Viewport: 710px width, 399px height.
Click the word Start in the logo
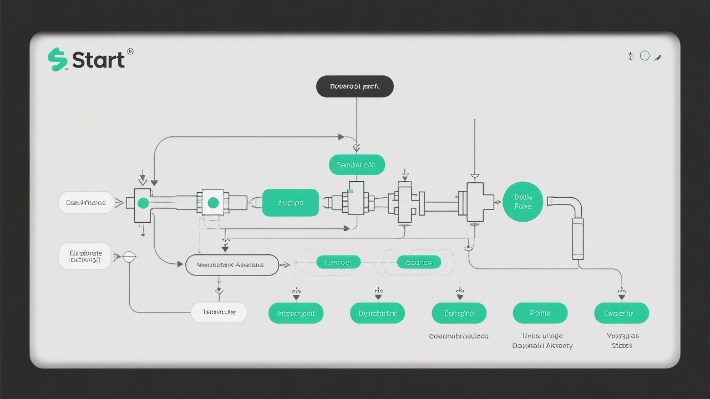(98, 60)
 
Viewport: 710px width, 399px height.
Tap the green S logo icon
(57, 59)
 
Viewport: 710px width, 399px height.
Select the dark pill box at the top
(354, 87)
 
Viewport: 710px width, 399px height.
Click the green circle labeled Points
(523, 202)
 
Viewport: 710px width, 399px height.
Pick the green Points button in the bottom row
(540, 313)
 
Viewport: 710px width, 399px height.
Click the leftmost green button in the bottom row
(296, 313)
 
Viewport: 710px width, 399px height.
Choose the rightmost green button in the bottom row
(621, 313)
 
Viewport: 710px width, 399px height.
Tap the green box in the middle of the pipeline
(290, 203)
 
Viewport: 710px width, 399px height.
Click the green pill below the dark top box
(357, 165)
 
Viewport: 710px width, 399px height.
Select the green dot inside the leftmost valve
(143, 203)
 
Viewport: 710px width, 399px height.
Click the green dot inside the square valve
(213, 203)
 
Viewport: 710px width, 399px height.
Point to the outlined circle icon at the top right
(645, 55)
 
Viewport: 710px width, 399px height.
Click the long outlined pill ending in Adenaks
(232, 265)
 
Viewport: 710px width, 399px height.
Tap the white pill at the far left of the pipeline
(86, 203)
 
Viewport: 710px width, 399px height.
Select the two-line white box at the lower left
(85, 257)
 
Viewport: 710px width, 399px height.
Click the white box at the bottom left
(219, 312)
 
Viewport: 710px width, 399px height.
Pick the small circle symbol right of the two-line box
(129, 257)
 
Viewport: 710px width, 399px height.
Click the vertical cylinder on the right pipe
(577, 238)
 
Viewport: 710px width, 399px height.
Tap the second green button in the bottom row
(377, 313)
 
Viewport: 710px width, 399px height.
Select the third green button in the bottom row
(459, 313)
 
